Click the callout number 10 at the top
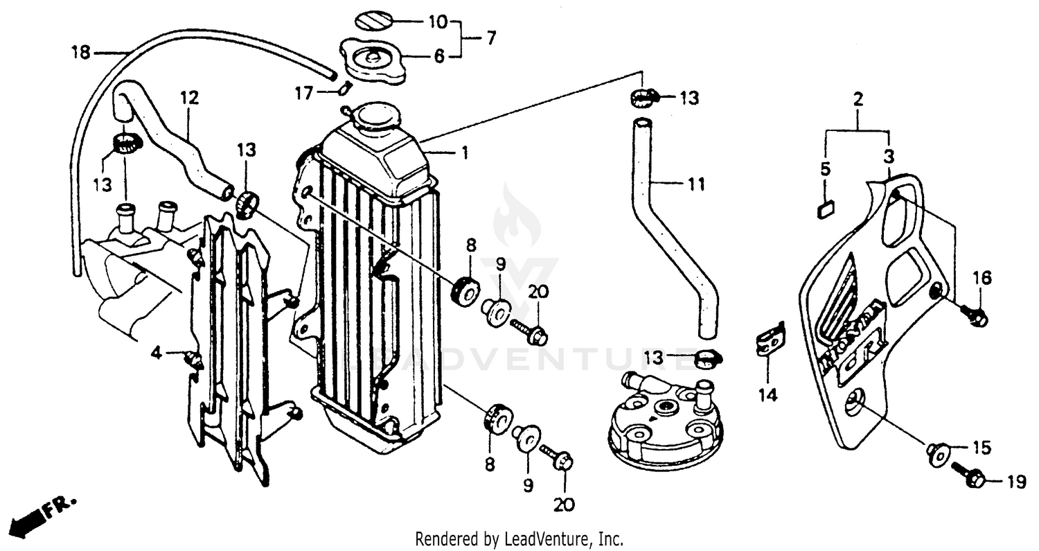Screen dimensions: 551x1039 437,21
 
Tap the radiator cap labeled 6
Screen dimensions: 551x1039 373,61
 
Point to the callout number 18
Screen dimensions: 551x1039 81,53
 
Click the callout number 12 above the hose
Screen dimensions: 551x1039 189,98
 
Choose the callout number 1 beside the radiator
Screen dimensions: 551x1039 465,152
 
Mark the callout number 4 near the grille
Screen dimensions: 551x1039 157,353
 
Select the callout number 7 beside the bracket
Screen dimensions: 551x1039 490,39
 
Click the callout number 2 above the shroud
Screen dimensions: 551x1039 858,99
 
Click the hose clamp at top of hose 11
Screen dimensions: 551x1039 642,98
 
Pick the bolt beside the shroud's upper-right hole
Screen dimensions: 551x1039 975,316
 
